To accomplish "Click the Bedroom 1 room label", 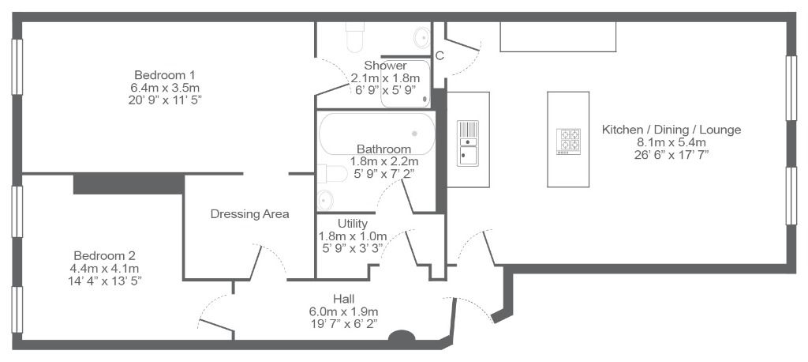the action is tap(164, 74).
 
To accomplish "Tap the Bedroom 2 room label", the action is tap(105, 255).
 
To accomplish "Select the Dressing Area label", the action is tap(250, 213).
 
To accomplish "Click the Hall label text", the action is tap(344, 299).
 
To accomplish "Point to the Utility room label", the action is tap(353, 224).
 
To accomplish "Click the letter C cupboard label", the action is tap(440, 56).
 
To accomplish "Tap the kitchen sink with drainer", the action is tap(468, 144).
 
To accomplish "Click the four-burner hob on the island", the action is tap(568, 141).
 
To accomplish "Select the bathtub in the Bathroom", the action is tap(376, 134).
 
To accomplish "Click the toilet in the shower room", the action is tap(355, 36).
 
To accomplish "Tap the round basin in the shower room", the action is tap(422, 37).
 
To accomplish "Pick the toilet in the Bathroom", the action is tap(332, 174).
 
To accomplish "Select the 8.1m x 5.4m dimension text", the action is tap(671, 142).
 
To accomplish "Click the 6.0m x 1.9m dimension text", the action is tap(344, 311).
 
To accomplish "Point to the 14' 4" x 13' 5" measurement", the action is tap(105, 281).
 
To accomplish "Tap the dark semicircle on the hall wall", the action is tap(402, 336).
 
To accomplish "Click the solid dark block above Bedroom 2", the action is tap(129, 184).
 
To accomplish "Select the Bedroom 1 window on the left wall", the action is tap(17, 67).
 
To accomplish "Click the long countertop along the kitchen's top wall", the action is tap(558, 36).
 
